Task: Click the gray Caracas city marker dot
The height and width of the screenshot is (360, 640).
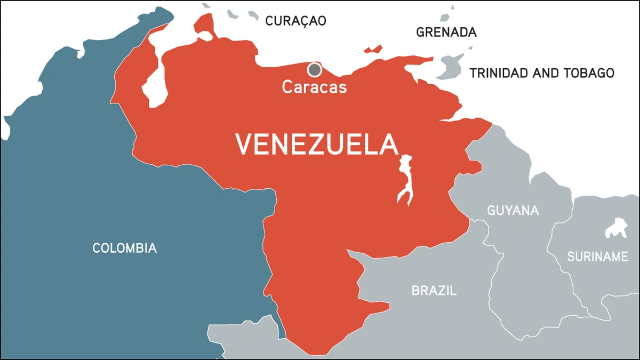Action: (x=315, y=69)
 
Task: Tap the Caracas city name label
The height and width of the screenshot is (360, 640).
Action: (x=314, y=86)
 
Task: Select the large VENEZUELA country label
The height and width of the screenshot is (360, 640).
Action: (x=317, y=145)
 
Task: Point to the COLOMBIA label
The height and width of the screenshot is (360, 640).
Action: (x=124, y=248)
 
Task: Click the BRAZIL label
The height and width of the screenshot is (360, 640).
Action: (x=434, y=291)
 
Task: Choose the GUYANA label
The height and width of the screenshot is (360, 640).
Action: (x=513, y=210)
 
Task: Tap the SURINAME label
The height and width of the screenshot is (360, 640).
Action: (x=597, y=257)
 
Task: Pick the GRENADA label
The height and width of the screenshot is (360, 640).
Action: (x=446, y=33)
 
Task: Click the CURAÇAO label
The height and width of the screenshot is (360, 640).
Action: (x=295, y=21)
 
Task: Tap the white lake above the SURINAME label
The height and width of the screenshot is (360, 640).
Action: (x=617, y=228)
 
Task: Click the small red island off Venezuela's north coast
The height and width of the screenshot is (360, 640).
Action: (x=374, y=50)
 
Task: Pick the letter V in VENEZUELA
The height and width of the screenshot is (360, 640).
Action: (x=244, y=145)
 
